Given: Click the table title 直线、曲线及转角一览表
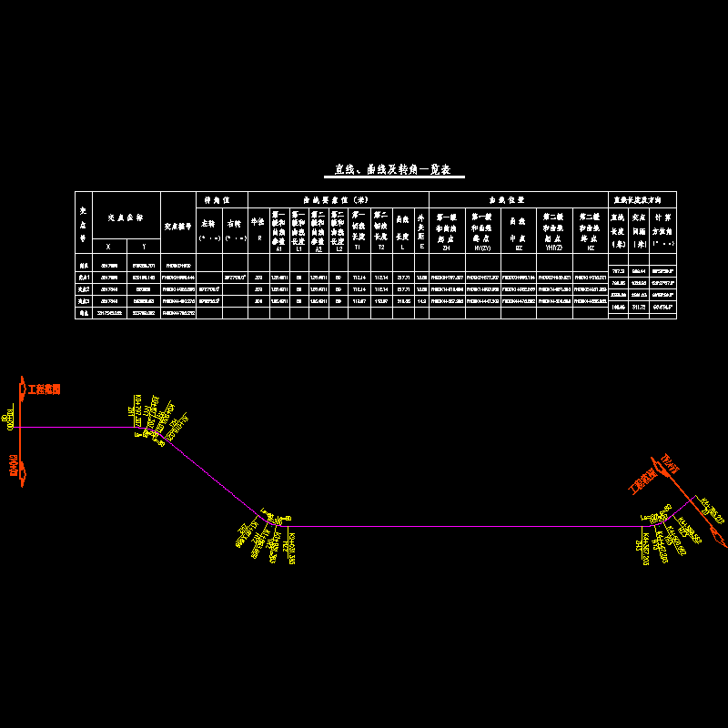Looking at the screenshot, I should (x=394, y=170).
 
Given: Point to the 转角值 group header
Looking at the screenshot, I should (x=222, y=199).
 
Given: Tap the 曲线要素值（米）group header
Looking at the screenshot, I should (x=337, y=199).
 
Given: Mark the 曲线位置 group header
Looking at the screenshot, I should (x=517, y=199).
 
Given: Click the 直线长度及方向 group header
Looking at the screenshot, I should (x=642, y=199).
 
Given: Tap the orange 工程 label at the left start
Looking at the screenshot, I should (x=44, y=389).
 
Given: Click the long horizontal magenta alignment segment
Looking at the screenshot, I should (x=455, y=526).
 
